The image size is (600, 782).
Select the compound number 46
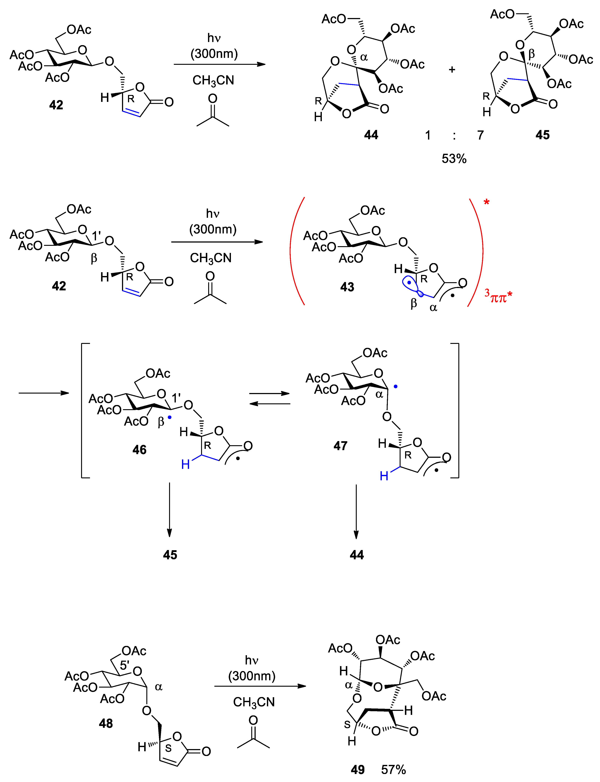(139, 450)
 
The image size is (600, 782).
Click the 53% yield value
(454, 159)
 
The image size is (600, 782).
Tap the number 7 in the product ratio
(480, 135)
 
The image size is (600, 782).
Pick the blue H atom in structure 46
(185, 464)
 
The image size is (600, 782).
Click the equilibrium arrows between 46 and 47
(270, 398)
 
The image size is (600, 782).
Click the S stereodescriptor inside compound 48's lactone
(168, 748)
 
